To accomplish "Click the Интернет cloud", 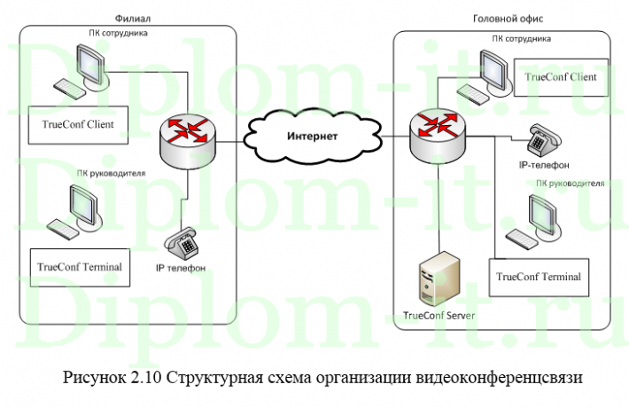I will coord(312,136).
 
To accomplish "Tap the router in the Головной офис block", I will coord(439,129).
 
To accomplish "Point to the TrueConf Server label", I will coord(439,316).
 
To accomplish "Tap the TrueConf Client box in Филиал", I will coord(78,125).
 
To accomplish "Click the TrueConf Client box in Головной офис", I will coord(561,78).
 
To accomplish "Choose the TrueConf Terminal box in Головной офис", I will coord(539,277).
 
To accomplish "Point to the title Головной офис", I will coord(509,18).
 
